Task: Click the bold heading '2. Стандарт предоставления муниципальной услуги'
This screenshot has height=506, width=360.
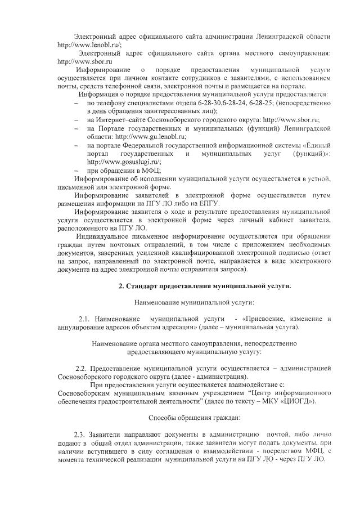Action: point(204,286)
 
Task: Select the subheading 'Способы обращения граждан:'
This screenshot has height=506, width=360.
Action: point(195,418)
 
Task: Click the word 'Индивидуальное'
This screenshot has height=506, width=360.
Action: point(107,236)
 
